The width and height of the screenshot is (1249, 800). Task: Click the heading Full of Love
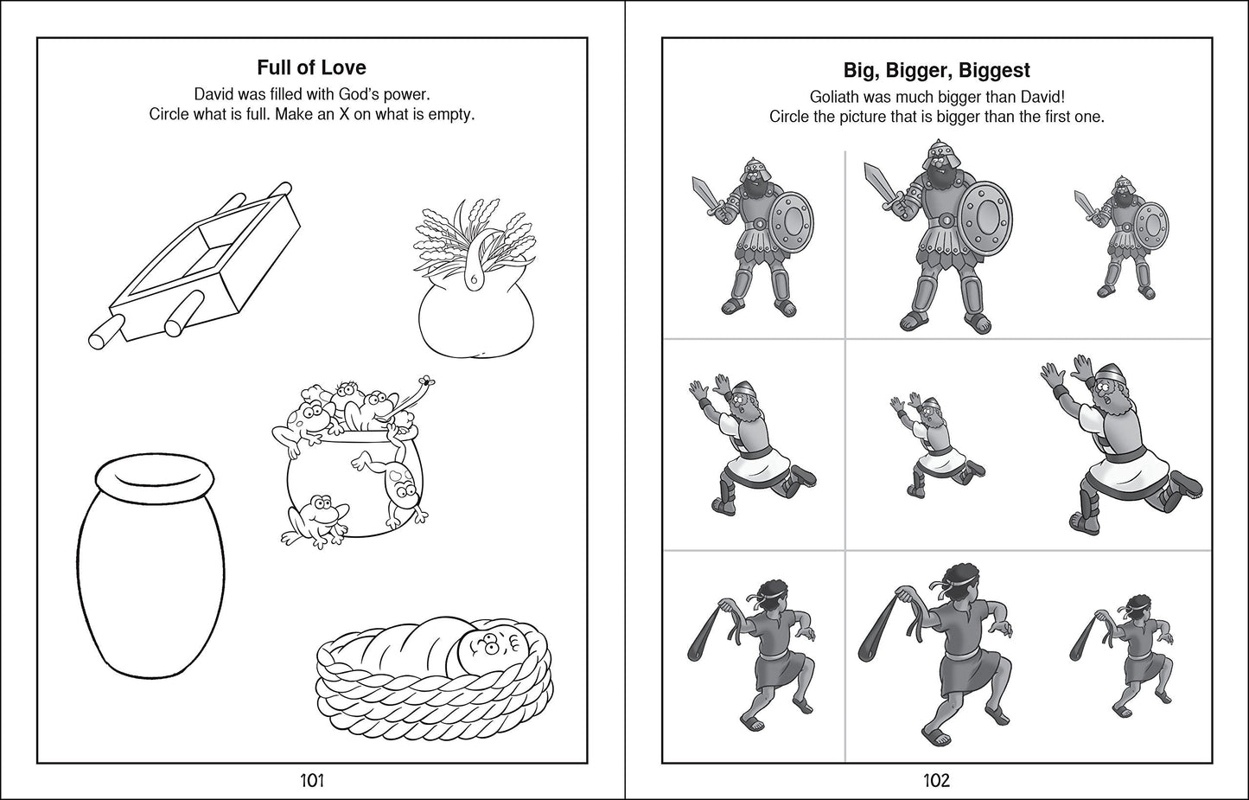coord(311,67)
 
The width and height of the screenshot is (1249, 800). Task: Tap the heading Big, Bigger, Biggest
coord(936,70)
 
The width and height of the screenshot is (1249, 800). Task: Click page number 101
coord(311,781)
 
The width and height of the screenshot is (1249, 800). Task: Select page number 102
coord(936,781)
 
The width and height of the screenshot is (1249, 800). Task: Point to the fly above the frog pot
coord(427,381)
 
